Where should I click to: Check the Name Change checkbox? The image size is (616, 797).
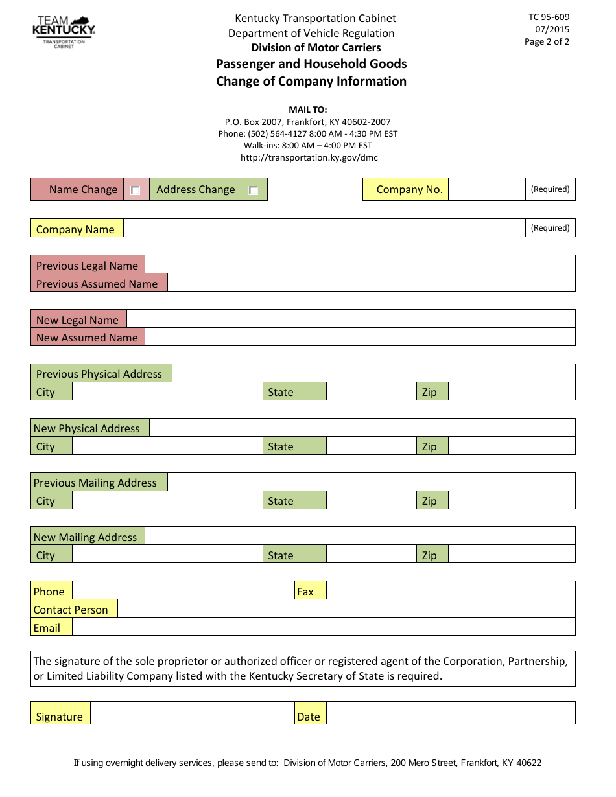click(x=136, y=191)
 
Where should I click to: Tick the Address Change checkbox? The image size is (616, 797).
click(x=254, y=191)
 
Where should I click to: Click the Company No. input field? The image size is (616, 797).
click(x=486, y=190)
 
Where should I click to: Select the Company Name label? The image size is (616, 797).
click(x=75, y=229)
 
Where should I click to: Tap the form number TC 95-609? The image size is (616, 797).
click(x=549, y=17)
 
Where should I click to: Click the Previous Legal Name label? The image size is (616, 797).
click(x=87, y=266)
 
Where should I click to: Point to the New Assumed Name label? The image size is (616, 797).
click(x=87, y=338)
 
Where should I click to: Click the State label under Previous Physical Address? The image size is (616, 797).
click(x=281, y=392)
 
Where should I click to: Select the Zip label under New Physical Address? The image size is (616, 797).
click(x=429, y=446)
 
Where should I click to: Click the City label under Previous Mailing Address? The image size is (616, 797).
click(x=45, y=501)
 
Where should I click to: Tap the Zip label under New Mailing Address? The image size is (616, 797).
click(x=429, y=555)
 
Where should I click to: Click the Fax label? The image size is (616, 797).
click(x=305, y=592)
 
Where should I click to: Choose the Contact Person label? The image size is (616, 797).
click(x=71, y=610)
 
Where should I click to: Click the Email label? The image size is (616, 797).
click(x=47, y=628)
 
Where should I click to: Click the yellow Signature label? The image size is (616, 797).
click(x=60, y=717)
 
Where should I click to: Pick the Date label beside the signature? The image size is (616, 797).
click(x=309, y=717)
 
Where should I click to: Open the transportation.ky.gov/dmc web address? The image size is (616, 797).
click(x=309, y=157)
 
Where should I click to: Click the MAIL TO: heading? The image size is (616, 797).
click(x=308, y=110)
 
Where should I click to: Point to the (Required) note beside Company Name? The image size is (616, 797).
click(x=550, y=228)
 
